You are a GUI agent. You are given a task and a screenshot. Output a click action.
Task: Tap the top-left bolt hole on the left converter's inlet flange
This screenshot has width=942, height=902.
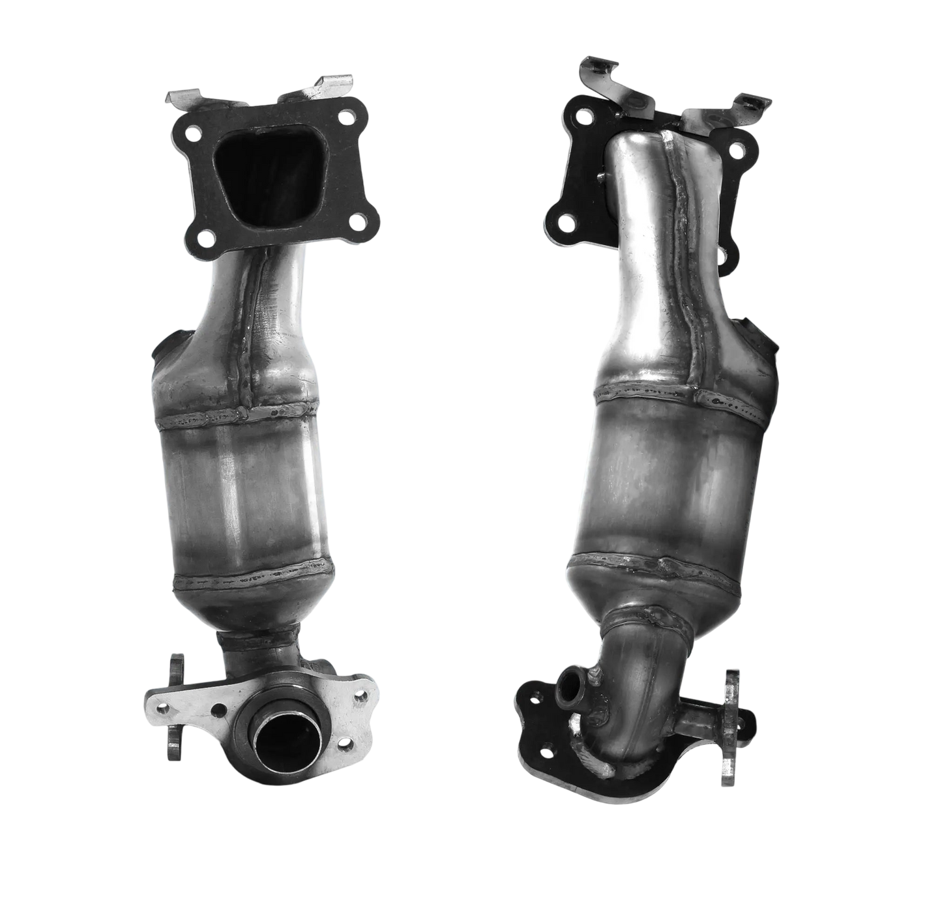(194, 137)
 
